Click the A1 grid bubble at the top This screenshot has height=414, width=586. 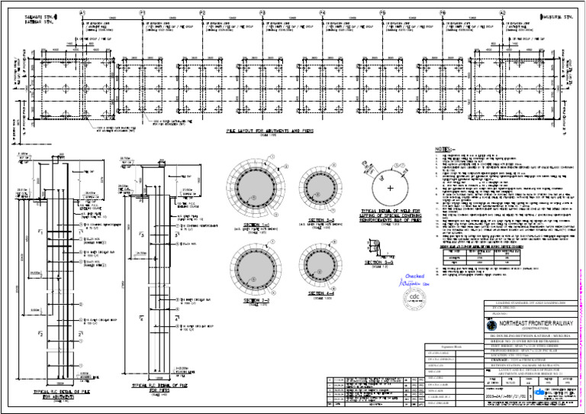point(82,13)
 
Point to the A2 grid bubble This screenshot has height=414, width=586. point(501,13)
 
